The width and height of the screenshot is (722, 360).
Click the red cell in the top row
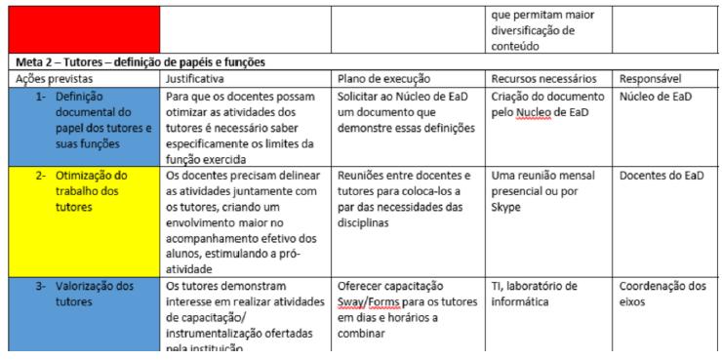[x=80, y=28]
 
